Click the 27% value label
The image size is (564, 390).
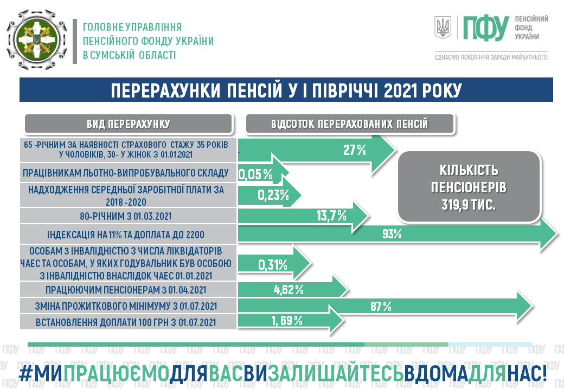(x=354, y=149)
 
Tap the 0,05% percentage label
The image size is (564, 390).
(x=255, y=174)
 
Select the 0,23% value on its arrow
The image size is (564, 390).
(x=273, y=195)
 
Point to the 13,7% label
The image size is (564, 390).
(x=331, y=216)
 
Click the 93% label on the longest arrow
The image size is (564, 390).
(x=392, y=234)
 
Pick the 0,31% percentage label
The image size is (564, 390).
(x=273, y=265)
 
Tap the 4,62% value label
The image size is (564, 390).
(x=289, y=290)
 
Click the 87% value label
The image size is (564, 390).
(x=381, y=307)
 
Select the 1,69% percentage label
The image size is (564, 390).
(x=287, y=320)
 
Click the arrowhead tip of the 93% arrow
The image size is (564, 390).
(x=558, y=234)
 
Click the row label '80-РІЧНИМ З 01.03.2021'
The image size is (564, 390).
(x=125, y=216)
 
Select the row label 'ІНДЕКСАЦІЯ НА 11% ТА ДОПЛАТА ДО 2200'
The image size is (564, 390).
(x=125, y=235)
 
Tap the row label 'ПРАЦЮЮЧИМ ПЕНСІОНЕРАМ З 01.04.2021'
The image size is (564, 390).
(x=125, y=290)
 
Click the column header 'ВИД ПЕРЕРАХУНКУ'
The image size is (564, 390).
(x=129, y=124)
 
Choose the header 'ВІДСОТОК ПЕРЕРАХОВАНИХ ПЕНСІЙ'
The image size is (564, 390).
(x=350, y=124)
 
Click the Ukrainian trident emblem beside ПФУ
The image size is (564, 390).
(x=443, y=28)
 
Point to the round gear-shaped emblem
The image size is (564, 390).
(x=37, y=40)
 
